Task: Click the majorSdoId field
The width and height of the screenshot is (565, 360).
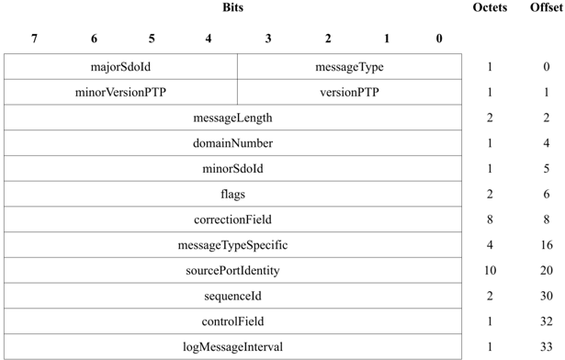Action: coord(120,67)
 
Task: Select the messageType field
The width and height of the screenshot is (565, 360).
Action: coord(349,67)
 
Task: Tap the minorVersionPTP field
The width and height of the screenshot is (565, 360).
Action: coord(120,93)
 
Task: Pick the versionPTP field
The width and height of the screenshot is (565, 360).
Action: coord(349,93)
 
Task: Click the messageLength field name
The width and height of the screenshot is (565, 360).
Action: coord(232,118)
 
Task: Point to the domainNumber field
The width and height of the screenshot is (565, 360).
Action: coord(232,143)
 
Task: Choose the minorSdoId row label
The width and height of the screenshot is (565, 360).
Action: coord(232,169)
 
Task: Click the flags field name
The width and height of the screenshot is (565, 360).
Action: coord(232,195)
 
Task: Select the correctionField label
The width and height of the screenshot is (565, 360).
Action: coord(232,219)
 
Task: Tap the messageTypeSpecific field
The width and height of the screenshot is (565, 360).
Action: coord(232,245)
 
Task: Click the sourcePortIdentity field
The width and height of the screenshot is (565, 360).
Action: coord(232,271)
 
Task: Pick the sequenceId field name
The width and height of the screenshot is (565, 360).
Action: coord(232,297)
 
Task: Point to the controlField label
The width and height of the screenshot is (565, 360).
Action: coord(232,321)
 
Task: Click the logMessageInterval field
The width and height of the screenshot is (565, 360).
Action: coord(232,347)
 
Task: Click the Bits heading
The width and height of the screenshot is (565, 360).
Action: coord(233,7)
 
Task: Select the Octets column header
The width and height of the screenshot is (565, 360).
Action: coord(490,7)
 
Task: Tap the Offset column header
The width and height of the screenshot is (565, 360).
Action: coord(546,7)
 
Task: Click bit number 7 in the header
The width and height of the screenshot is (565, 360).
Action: coord(34,39)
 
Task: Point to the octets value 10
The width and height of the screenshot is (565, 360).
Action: coord(490,271)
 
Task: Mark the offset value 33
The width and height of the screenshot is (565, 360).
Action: coord(546,347)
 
